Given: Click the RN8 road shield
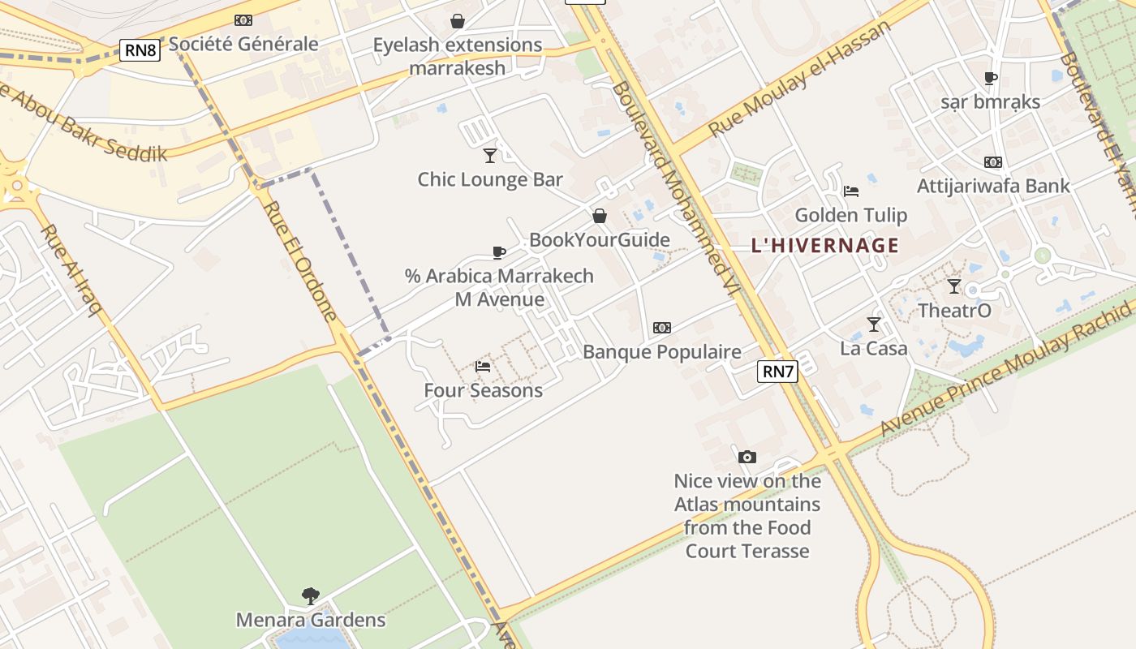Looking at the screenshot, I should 140,50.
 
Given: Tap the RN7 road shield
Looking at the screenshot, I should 777,372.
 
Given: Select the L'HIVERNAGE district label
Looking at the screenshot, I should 824,245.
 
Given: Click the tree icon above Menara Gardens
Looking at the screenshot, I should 310,596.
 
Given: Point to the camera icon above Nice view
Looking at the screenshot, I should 747,458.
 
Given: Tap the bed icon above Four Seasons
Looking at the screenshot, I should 483,367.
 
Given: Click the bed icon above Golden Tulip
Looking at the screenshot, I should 850,191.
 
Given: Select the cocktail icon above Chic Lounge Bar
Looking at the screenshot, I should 489,155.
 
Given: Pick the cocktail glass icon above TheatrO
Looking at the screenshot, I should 954,286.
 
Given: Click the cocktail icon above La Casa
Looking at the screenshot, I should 873,324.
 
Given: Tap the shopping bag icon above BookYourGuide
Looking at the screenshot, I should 599,216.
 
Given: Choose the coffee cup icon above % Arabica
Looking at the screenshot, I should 499,252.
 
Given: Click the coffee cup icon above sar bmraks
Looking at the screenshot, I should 990,79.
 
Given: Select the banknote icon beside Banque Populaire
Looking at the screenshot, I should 662,328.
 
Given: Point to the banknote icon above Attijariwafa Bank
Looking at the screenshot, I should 992,162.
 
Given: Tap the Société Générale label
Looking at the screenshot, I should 243,44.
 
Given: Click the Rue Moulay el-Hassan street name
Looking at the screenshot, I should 799,79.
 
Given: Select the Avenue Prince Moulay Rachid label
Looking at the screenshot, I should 1006,368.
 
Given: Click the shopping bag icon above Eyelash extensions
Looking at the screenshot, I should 458,21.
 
